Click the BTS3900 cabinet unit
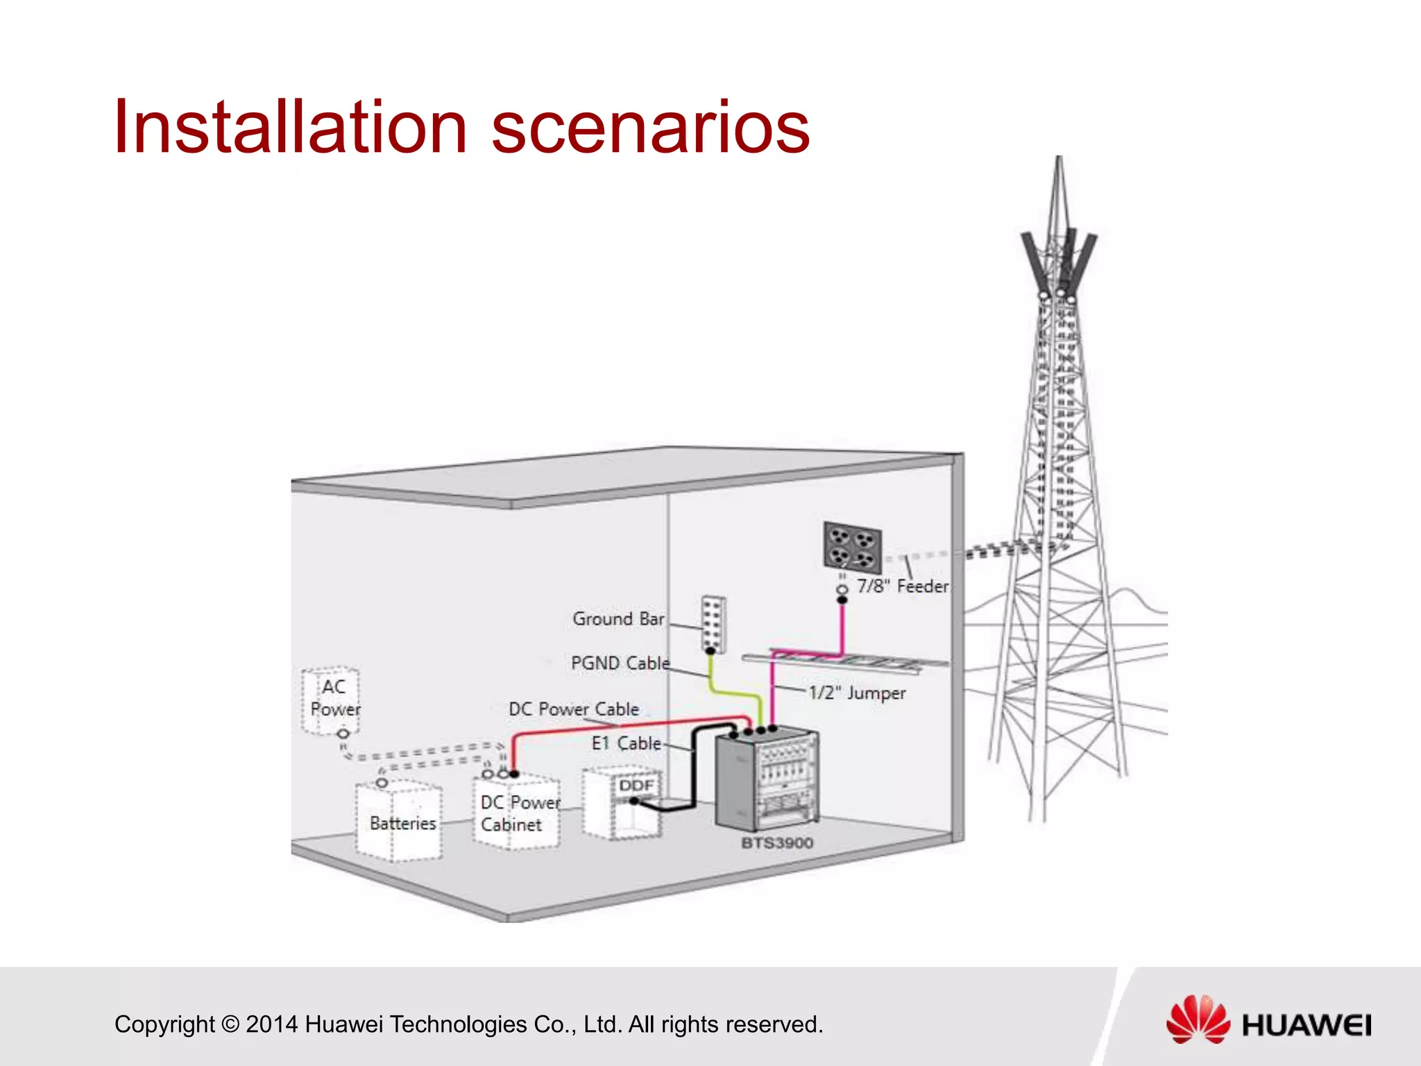767,781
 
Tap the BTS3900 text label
777,843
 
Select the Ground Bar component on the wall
714,624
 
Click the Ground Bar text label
618,618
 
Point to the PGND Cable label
620,663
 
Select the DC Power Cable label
574,709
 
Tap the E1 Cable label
627,743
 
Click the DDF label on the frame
636,785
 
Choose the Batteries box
399,822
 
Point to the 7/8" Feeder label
902,586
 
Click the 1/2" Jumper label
857,693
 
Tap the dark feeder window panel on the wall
853,547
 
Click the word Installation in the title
291,128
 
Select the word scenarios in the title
650,128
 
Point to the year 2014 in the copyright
272,1024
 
